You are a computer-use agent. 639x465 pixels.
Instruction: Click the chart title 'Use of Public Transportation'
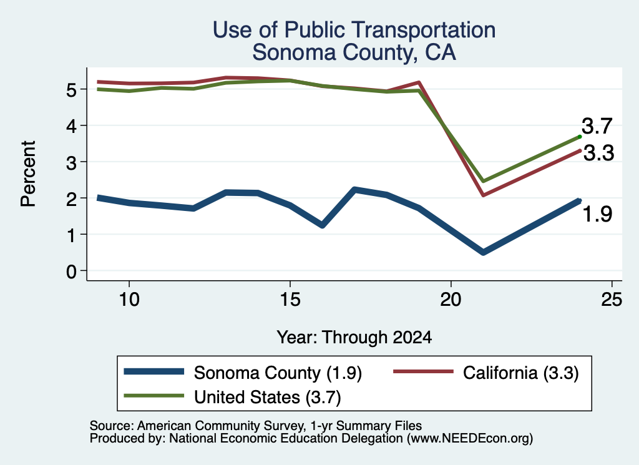(x=354, y=30)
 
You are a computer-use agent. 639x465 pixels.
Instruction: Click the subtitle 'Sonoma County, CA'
(x=354, y=52)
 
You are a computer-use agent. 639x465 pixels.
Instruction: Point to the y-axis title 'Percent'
(x=28, y=174)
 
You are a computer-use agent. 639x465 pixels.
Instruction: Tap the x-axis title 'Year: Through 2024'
(x=354, y=338)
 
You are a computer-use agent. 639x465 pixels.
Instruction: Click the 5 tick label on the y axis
(x=71, y=89)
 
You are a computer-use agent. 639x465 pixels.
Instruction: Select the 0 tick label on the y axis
(x=71, y=271)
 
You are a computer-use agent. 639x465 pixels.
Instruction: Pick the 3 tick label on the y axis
(x=71, y=162)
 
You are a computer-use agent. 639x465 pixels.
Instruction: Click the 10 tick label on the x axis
(x=129, y=300)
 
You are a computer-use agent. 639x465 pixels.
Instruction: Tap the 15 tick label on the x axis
(x=290, y=300)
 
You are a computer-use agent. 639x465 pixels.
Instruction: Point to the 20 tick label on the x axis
(x=451, y=300)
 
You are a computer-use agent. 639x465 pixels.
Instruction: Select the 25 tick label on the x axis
(x=612, y=300)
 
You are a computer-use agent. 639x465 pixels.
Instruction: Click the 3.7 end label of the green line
(x=597, y=126)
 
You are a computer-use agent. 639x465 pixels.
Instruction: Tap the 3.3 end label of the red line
(x=598, y=154)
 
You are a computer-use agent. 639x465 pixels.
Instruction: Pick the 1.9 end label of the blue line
(x=597, y=214)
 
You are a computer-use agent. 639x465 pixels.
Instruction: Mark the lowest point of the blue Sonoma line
(x=484, y=253)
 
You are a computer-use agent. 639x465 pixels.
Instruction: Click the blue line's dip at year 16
(x=323, y=225)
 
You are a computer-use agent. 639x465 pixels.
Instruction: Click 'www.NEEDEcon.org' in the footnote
(x=470, y=439)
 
